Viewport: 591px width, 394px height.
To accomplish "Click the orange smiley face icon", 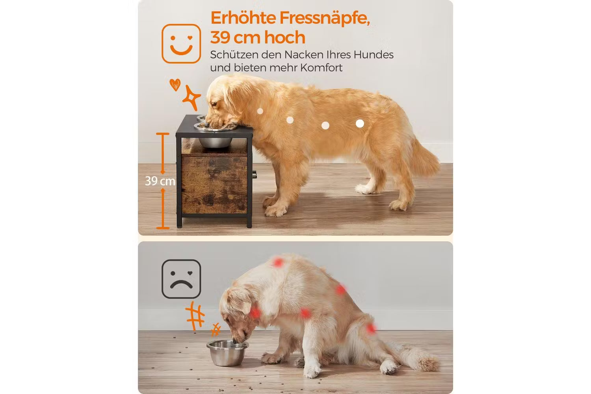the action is [x=181, y=44].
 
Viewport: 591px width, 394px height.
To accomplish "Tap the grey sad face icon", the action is [x=181, y=279].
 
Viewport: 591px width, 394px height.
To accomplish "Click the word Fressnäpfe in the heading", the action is [x=325, y=18].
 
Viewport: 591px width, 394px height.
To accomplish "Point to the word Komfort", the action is [x=322, y=68].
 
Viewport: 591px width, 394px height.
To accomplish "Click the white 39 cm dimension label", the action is [x=160, y=181].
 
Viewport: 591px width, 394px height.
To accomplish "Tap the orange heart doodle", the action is [x=175, y=85].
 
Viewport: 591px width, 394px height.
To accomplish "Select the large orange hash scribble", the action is [x=195, y=316].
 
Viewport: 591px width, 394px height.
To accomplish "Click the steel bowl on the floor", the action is [x=227, y=353].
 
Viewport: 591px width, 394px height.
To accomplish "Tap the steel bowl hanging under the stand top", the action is [x=215, y=143].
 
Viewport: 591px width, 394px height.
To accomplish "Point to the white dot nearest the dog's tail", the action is [x=360, y=123].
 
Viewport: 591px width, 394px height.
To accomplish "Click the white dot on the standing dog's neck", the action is [x=260, y=111].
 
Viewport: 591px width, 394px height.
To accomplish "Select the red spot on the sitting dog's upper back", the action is [x=278, y=262].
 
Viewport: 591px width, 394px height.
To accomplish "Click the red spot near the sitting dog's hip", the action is [x=371, y=329].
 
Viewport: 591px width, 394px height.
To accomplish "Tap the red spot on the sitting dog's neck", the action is [x=255, y=313].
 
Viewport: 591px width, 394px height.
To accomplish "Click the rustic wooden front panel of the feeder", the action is [x=214, y=184].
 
